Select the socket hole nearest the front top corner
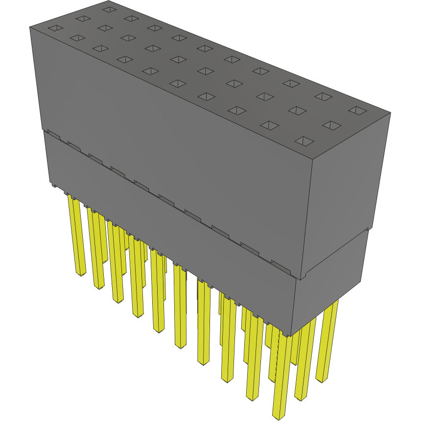[x=304, y=141]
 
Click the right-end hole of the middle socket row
[x=331, y=126]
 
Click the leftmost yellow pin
[x=76, y=235]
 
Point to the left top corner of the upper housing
[x=30, y=27]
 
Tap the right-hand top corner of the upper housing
[x=390, y=114]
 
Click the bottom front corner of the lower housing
[x=292, y=336]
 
